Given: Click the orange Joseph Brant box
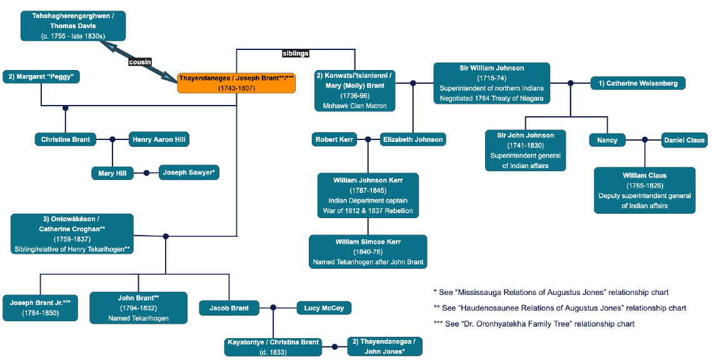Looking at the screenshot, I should pyautogui.click(x=236, y=83).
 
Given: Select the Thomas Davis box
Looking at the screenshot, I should pyautogui.click(x=73, y=26).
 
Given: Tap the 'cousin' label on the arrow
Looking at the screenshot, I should pyautogui.click(x=140, y=62).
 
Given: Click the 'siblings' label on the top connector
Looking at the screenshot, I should pyautogui.click(x=296, y=54).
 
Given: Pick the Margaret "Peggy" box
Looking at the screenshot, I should pyautogui.click(x=41, y=77).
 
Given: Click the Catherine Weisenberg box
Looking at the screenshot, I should pyautogui.click(x=638, y=83).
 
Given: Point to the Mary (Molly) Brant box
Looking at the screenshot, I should pyautogui.click(x=355, y=91).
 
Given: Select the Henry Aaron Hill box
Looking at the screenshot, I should pyautogui.click(x=159, y=139).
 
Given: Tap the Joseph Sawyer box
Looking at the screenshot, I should pyautogui.click(x=189, y=172).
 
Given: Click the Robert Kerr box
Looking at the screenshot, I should pyautogui.click(x=334, y=139).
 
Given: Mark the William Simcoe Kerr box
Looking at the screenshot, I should pyautogui.click(x=368, y=251).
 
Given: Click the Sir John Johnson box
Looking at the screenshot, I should pyautogui.click(x=526, y=151).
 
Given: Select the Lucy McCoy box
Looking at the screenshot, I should pyautogui.click(x=324, y=307).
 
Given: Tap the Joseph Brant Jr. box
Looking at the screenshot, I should pyautogui.click(x=40, y=307).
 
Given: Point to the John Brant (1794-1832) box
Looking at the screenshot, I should pyautogui.click(x=138, y=307).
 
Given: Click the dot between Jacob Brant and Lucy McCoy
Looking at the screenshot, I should pyautogui.click(x=273, y=307).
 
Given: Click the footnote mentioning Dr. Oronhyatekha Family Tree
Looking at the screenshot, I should pyautogui.click(x=534, y=324).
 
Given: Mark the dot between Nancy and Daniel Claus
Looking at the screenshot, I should pyautogui.click(x=644, y=140).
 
